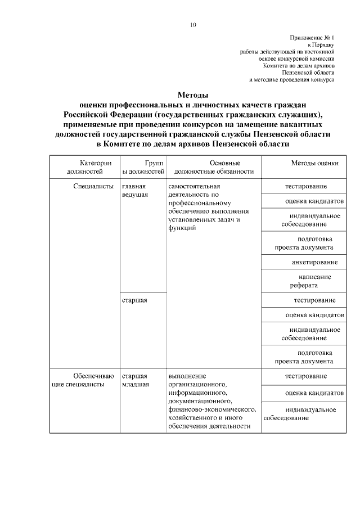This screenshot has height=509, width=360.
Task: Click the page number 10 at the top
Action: pos(193,25)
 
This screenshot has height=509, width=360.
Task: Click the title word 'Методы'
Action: pos(193,95)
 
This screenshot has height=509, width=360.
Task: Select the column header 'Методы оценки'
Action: pos(314,163)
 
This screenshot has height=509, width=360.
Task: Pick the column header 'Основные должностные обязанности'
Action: pos(214,167)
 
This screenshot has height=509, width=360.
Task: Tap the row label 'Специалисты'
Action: pos(93,186)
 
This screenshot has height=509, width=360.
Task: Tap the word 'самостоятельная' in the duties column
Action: pos(194,186)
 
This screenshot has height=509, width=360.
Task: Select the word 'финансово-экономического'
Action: pos(212,409)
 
